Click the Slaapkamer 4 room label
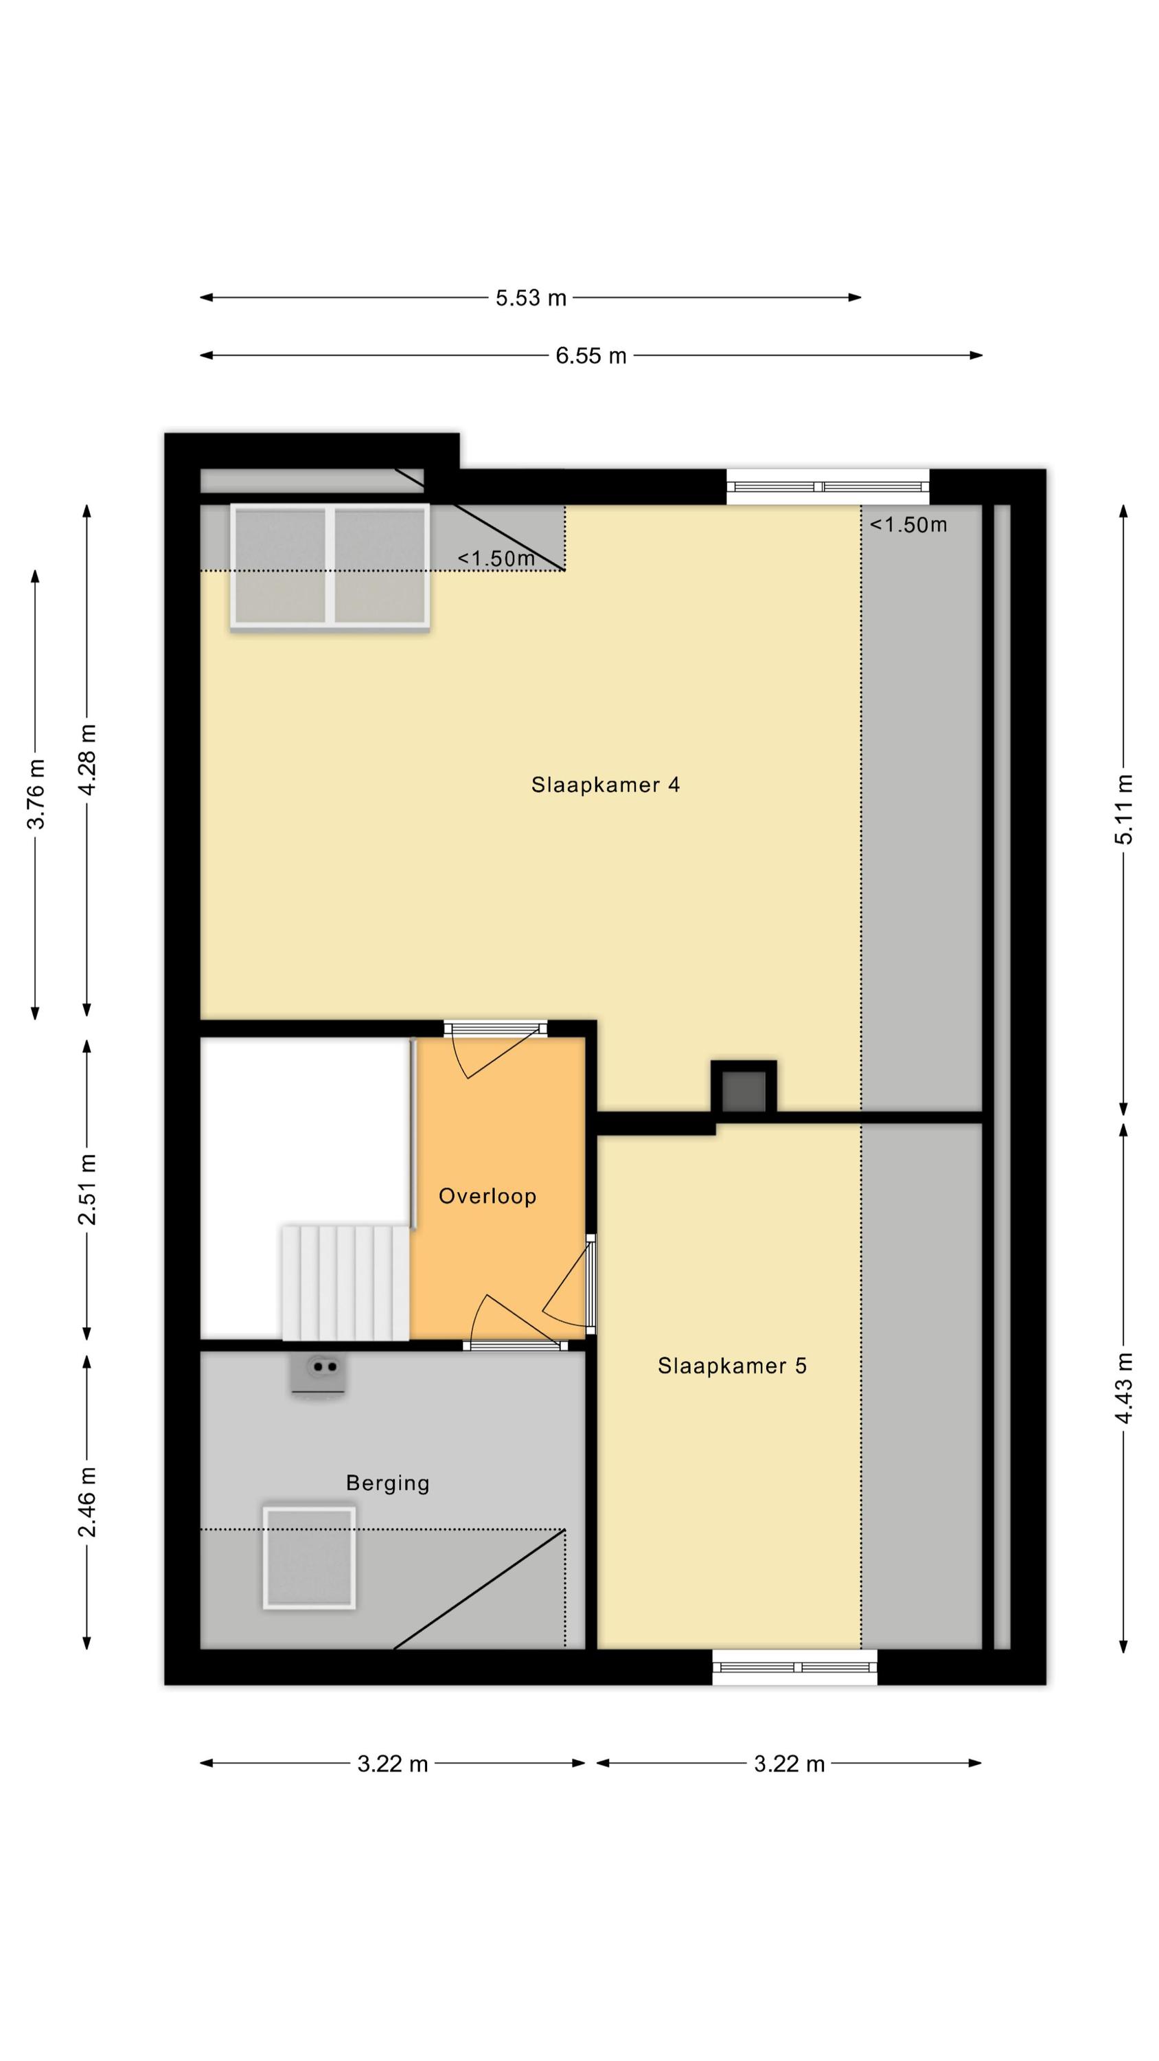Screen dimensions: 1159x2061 pos(606,785)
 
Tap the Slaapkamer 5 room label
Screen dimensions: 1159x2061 pos(732,1366)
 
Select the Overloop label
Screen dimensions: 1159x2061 pos(487,1196)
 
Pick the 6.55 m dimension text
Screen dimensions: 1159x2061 pos(591,355)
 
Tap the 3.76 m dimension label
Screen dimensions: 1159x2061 pos(36,794)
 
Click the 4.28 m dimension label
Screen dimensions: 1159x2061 pos(88,760)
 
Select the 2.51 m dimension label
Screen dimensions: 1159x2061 pos(88,1190)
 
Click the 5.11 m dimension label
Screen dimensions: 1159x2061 pos(1124,809)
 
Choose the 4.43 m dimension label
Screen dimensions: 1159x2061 pos(1124,1387)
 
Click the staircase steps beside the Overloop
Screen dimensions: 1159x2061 pos(345,1283)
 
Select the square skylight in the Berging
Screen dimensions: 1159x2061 pos(310,1557)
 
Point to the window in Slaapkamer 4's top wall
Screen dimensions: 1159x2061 pos(828,486)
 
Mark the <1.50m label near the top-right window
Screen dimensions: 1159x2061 pos(908,525)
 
